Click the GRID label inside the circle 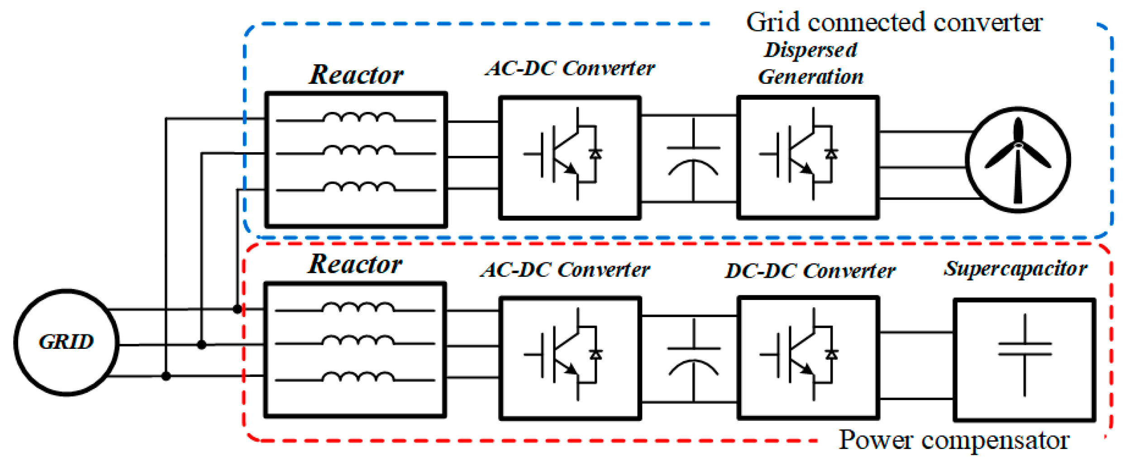pyautogui.click(x=66, y=342)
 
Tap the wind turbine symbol pyautogui.click(x=1017, y=159)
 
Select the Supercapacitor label pyautogui.click(x=1015, y=269)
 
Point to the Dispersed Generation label pyautogui.click(x=810, y=63)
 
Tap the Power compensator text pyautogui.click(x=954, y=440)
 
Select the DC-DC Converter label pyautogui.click(x=810, y=271)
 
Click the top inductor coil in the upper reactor pyautogui.click(x=359, y=118)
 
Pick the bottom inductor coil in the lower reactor pyautogui.click(x=358, y=377)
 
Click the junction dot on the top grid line pyautogui.click(x=237, y=309)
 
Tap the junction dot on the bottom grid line pyautogui.click(x=166, y=376)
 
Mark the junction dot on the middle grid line pyautogui.click(x=202, y=345)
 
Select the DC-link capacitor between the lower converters pyautogui.click(x=693, y=358)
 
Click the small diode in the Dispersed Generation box pyautogui.click(x=831, y=154)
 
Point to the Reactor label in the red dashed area pyautogui.click(x=355, y=264)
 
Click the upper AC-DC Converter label pyautogui.click(x=570, y=68)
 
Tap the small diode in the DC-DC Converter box pyautogui.click(x=831, y=355)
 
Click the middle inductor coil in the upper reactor pyautogui.click(x=359, y=150)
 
